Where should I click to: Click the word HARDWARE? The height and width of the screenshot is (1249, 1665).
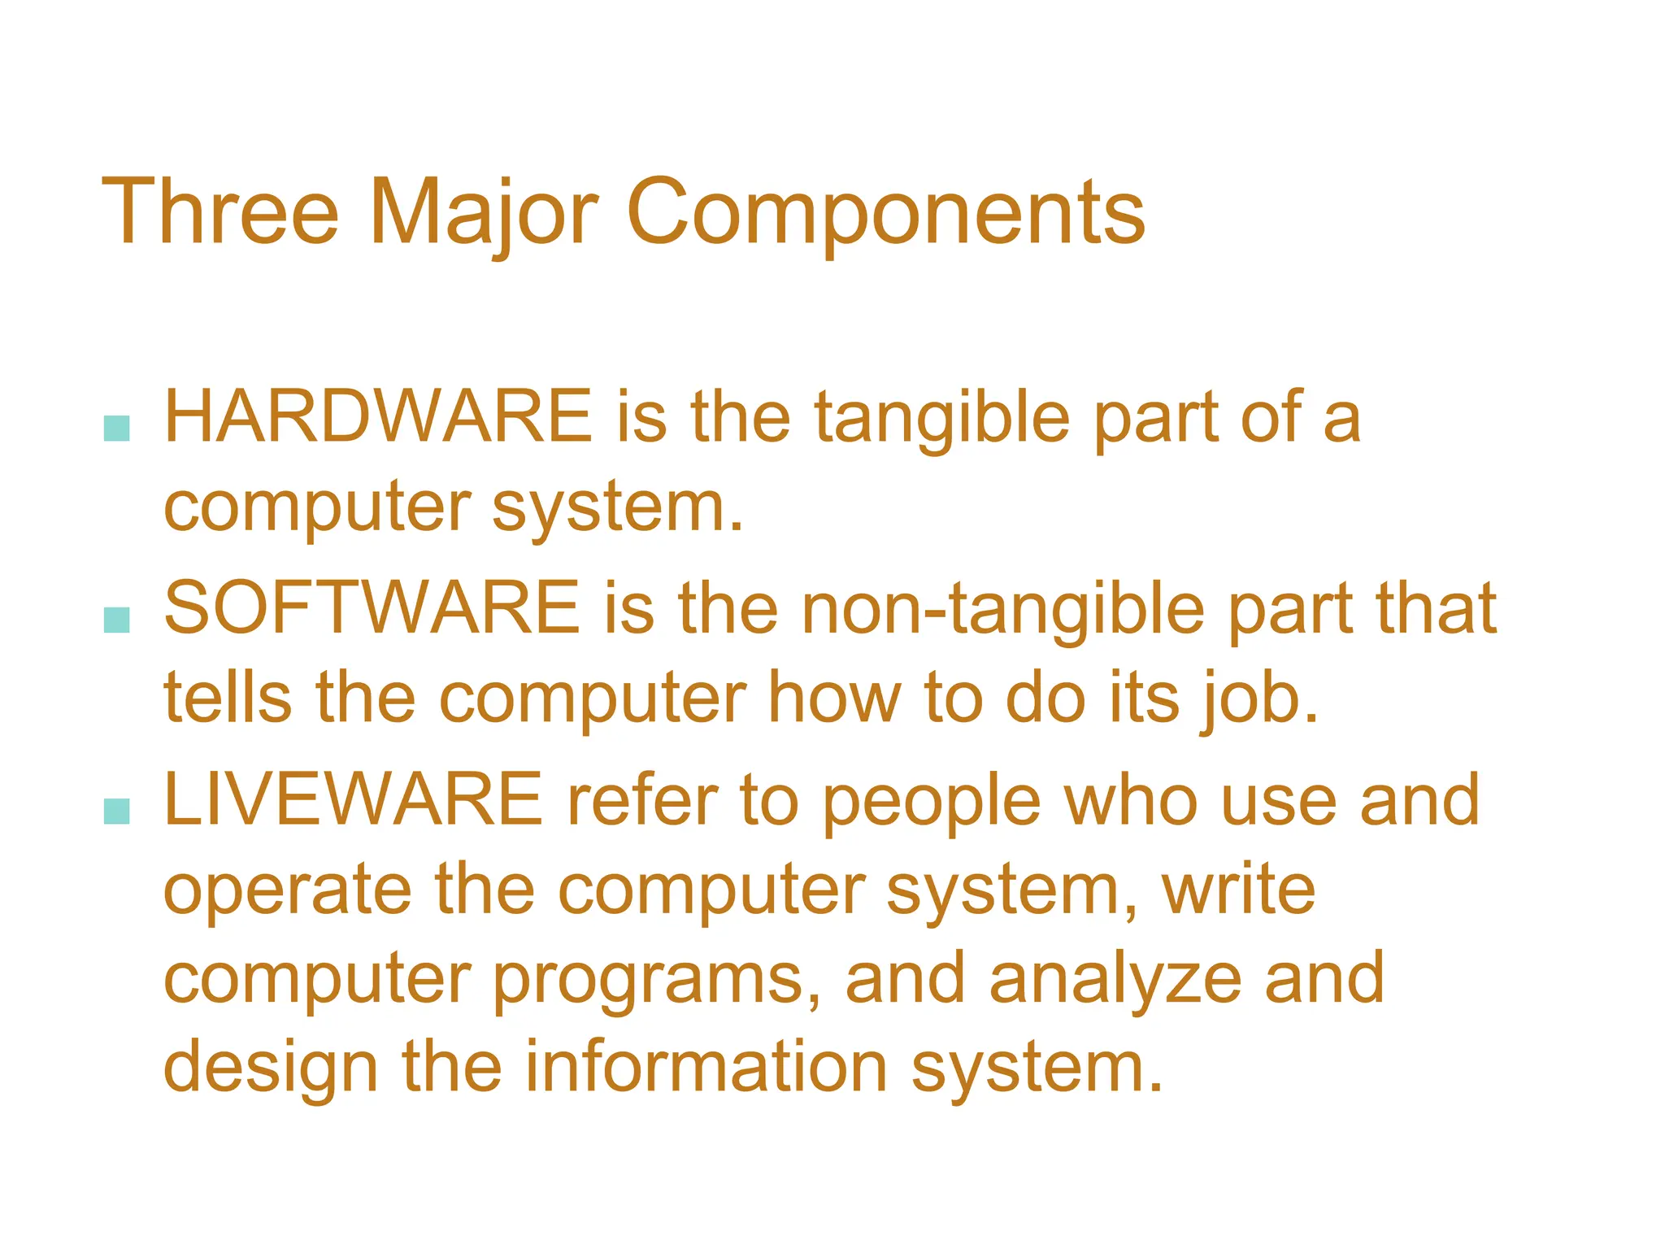click(x=378, y=416)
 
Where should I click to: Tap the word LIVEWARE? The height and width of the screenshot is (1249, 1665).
click(x=353, y=800)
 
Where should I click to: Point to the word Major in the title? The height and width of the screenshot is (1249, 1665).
click(x=484, y=213)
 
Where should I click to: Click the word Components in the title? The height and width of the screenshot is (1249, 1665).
click(x=885, y=213)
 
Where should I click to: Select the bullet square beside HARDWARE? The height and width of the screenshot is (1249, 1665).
click(x=117, y=429)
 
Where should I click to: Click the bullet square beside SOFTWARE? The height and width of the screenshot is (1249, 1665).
click(x=117, y=620)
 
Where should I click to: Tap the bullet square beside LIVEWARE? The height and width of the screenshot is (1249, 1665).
click(x=117, y=811)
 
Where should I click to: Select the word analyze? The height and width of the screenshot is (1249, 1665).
click(x=1115, y=981)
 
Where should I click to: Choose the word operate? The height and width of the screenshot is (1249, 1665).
click(x=288, y=891)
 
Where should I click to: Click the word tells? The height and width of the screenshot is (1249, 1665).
click(x=228, y=698)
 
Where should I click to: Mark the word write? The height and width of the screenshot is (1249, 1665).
click(x=1238, y=890)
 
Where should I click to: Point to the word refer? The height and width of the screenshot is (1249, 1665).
click(x=642, y=802)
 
